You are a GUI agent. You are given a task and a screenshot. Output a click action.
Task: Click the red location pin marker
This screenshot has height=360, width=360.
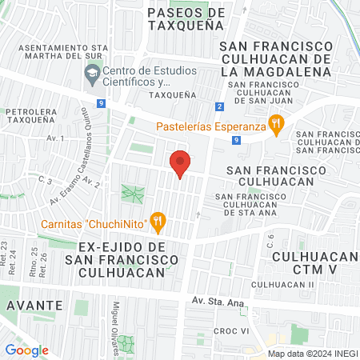tap(180, 162)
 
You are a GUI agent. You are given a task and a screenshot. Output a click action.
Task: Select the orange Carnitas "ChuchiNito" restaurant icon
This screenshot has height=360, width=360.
tap(158, 218)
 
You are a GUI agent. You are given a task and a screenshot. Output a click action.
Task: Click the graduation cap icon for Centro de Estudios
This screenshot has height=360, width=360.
tap(90, 76)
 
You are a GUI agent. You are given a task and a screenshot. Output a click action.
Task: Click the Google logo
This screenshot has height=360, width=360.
tap(26, 350)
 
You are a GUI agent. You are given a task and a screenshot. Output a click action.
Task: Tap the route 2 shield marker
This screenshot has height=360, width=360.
tap(219, 106)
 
